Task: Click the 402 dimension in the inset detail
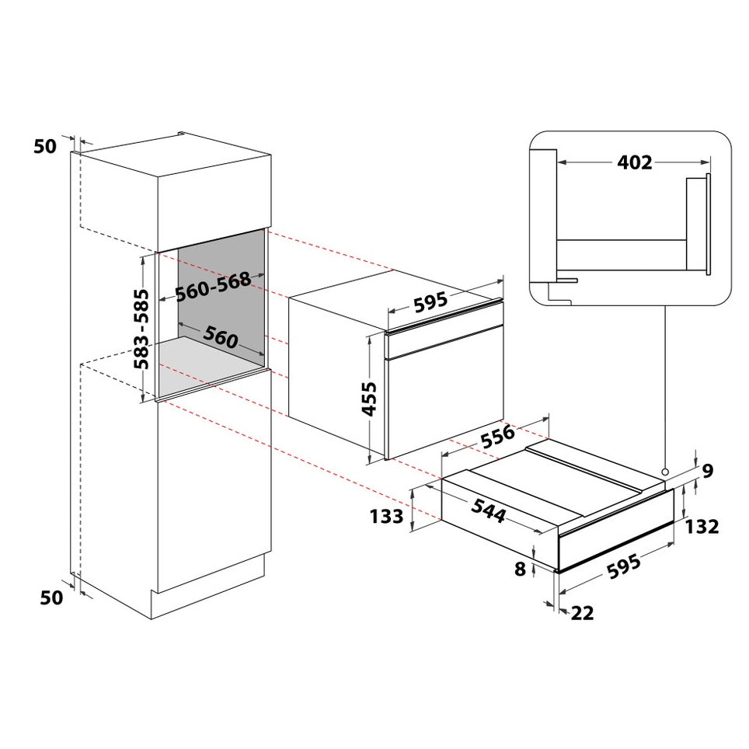tap(634, 162)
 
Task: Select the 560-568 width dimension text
tap(213, 287)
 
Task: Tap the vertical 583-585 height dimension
tap(141, 329)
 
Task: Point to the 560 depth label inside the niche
tap(220, 336)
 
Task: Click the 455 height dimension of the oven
tap(369, 399)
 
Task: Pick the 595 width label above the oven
tap(430, 302)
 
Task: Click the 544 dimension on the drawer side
tap(488, 510)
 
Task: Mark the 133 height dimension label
tap(387, 517)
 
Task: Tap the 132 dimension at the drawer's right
tap(702, 527)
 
